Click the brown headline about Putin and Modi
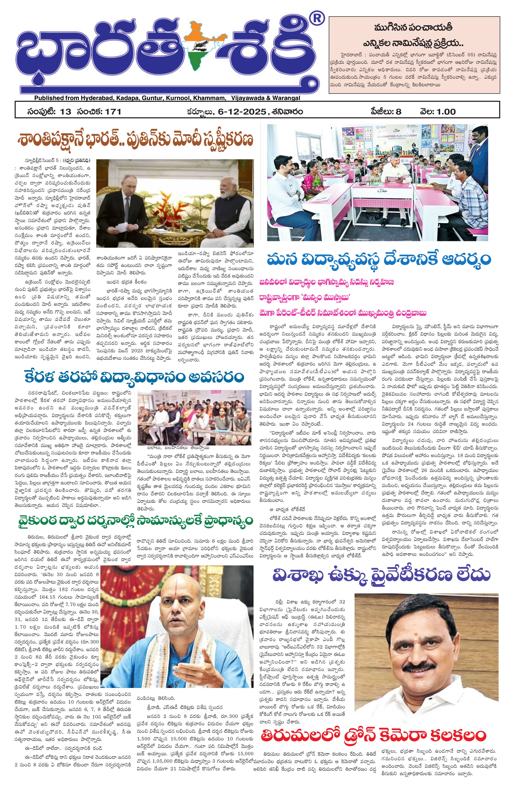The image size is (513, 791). tap(134, 140)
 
